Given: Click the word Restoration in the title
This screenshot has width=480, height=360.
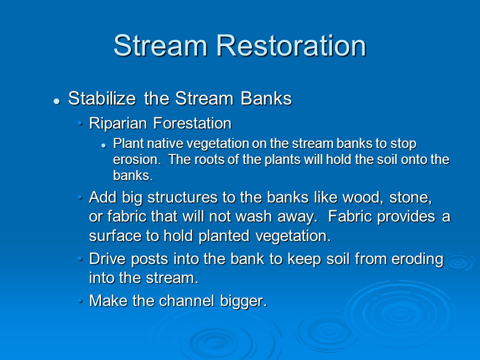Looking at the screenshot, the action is pyautogui.click(x=291, y=45).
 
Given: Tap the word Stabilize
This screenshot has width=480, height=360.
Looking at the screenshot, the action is pyautogui.click(x=102, y=98).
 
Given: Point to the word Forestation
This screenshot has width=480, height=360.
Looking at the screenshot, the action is pyautogui.click(x=192, y=123).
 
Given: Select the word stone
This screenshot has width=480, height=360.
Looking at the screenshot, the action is pyautogui.click(x=410, y=197).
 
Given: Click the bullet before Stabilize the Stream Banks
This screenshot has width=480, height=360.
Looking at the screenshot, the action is pyautogui.click(x=56, y=101).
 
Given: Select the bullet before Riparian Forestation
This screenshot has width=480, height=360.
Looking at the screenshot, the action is pyautogui.click(x=80, y=123).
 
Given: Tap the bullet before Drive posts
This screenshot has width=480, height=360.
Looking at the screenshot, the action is pyautogui.click(x=80, y=259).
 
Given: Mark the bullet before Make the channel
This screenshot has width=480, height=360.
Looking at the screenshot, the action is pyautogui.click(x=80, y=300).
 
